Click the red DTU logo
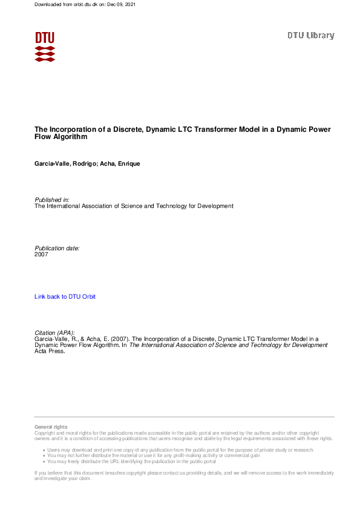coord(45,46)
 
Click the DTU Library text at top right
coord(310,36)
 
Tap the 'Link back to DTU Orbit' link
coord(65,297)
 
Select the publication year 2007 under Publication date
coord(41,254)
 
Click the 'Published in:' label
coord(51,199)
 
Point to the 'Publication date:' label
coord(57,248)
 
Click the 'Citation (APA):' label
coord(54,333)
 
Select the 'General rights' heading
coord(51,427)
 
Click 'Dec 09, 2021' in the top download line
coord(123,4)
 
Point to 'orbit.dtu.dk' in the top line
coord(75,4)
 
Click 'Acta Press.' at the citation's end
coord(50,351)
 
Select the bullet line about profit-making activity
coord(155,456)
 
